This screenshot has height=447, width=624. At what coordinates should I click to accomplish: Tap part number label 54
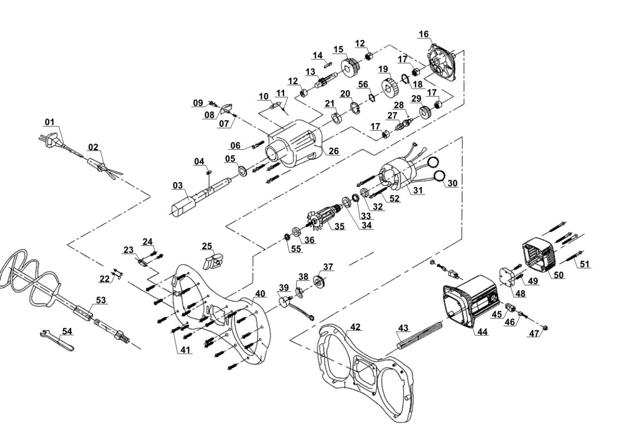click(67, 331)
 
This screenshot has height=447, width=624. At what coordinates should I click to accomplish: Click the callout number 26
click(333, 150)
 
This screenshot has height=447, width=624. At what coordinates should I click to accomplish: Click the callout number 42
click(355, 327)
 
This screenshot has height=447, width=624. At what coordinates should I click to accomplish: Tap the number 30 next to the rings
click(452, 183)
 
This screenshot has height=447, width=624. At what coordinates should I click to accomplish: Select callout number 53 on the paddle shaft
click(101, 299)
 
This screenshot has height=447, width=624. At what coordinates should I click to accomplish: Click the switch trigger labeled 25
click(213, 261)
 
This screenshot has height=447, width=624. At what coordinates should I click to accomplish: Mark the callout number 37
click(328, 266)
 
